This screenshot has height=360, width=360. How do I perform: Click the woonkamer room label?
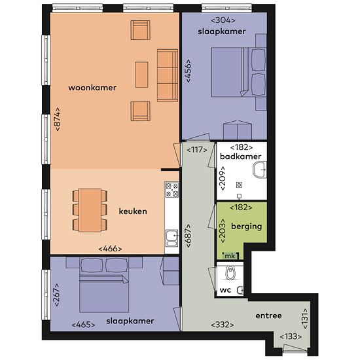pos(92,88)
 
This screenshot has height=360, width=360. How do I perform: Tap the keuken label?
pos(133,211)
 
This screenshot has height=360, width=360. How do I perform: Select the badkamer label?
pos(240,156)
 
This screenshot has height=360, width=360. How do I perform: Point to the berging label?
pos(246,226)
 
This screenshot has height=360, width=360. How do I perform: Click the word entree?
pos(268,315)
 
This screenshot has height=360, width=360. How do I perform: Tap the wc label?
pos(225,290)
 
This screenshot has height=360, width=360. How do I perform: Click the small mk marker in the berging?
pos(230,256)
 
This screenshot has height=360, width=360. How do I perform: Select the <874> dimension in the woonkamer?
pos(58,119)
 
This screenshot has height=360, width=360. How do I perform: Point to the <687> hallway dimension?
pos(189,236)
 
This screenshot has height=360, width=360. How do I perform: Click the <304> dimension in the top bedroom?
pos(223,20)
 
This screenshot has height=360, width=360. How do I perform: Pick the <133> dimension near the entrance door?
pos(291,336)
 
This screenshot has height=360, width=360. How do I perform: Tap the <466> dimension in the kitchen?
pos(110,249)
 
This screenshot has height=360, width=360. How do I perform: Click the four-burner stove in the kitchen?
pos(172,190)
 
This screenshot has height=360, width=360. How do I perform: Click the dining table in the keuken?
pos(90,210)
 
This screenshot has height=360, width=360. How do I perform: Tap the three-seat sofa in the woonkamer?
pos(168,75)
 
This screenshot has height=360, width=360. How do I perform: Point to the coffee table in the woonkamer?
pos(141,75)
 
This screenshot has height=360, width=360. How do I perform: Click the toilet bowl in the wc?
pos(230,273)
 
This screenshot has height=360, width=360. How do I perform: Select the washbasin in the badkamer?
pos(260,170)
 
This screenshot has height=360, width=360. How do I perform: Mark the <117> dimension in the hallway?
pos(197,150)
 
